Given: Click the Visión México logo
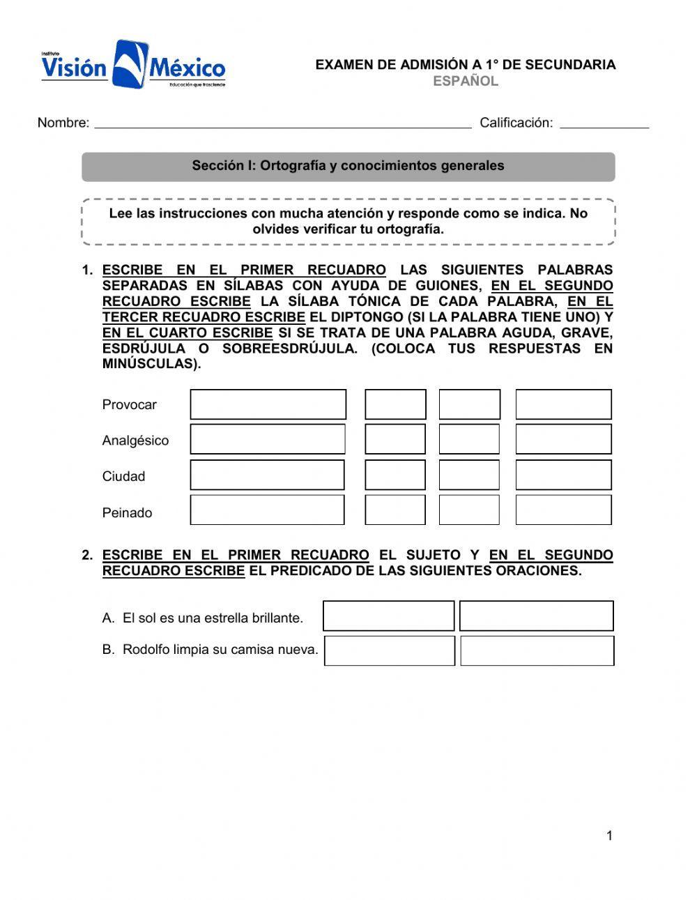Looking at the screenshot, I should click(x=133, y=65).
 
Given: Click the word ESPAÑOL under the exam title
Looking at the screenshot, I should click(x=466, y=81).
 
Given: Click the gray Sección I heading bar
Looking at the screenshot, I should click(x=348, y=166).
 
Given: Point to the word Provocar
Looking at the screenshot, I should click(x=129, y=405).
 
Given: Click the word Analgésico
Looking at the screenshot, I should click(x=135, y=441).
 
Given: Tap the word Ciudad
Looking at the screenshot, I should click(x=123, y=477).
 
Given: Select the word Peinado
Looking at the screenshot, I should click(x=127, y=513).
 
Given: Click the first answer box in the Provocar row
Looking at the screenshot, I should click(x=268, y=404).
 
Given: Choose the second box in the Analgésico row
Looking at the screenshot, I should click(x=395, y=439).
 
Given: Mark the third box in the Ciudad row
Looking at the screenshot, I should click(x=469, y=475).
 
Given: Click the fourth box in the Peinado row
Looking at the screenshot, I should click(x=563, y=510).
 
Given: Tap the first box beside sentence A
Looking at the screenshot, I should click(x=388, y=616).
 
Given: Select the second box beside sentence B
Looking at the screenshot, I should click(x=537, y=650).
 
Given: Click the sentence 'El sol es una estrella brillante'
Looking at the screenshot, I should click(x=213, y=618).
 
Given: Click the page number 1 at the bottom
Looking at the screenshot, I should click(x=609, y=836).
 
